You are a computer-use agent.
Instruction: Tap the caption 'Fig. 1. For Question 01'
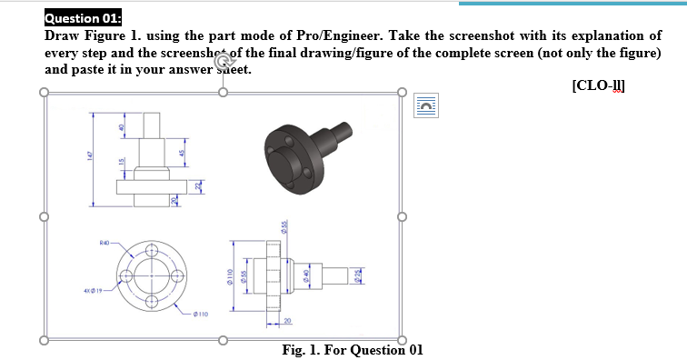click(x=353, y=349)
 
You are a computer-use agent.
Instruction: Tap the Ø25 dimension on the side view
click(x=357, y=274)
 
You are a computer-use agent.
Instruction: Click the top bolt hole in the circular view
click(x=153, y=252)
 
